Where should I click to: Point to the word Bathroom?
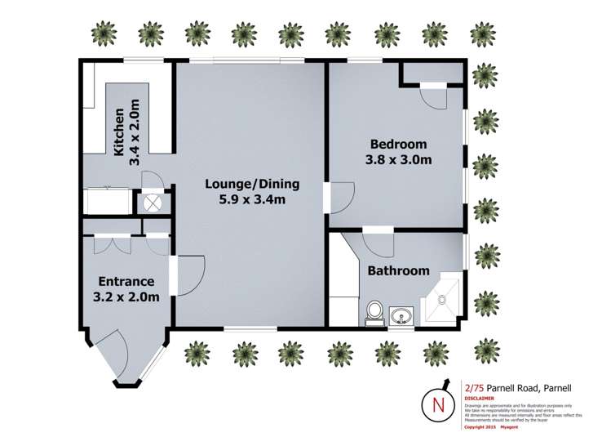click(x=398, y=270)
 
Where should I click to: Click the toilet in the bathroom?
click(x=375, y=312)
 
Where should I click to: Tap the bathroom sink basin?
click(x=401, y=316)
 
